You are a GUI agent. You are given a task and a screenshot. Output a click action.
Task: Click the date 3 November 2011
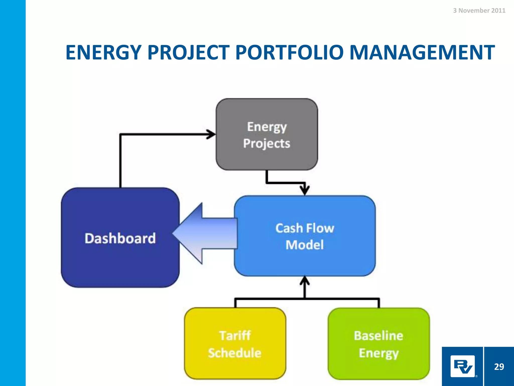[x=479, y=11]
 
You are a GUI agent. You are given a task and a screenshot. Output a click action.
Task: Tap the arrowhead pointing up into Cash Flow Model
[x=305, y=281]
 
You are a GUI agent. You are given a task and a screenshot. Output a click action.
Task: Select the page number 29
[x=499, y=367]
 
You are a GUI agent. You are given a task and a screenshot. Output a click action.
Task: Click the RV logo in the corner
[x=463, y=366]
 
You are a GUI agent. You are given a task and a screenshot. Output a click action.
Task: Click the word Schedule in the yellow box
[x=235, y=353]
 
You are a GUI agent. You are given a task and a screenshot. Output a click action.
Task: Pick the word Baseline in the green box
[x=378, y=336]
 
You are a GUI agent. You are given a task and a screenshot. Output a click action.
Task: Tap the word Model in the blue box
[x=305, y=245]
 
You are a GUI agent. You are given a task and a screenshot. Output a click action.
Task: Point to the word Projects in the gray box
[x=267, y=143]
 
